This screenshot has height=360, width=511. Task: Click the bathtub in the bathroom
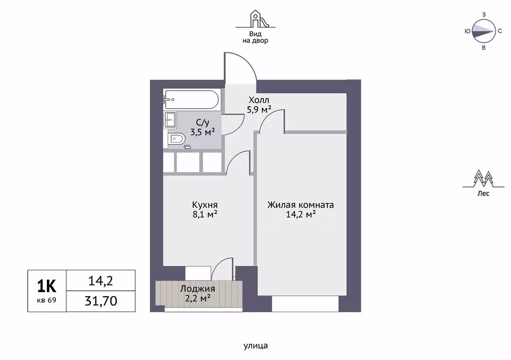pyautogui.click(x=191, y=100)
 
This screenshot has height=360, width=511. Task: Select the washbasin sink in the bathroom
pyautogui.click(x=170, y=120)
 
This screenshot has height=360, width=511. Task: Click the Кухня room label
pyautogui.click(x=205, y=205)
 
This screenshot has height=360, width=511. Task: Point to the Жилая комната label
pyautogui.click(x=300, y=205)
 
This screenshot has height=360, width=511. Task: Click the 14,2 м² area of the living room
pyautogui.click(x=300, y=214)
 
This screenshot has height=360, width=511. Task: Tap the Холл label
pyautogui.click(x=259, y=100)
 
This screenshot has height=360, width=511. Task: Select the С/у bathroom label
pyautogui.click(x=203, y=123)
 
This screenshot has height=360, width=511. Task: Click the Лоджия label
pyautogui.click(x=198, y=289)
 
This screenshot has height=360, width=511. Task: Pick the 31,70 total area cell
pyautogui.click(x=101, y=301)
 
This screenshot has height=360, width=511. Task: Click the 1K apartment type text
pyautogui.click(x=46, y=286)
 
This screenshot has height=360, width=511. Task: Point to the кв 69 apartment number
pyautogui.click(x=46, y=300)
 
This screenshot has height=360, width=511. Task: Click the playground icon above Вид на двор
pyautogui.click(x=255, y=19)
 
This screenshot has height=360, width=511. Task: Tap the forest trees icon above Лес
pyautogui.click(x=483, y=179)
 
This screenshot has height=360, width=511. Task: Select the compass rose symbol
pyautogui.click(x=484, y=31)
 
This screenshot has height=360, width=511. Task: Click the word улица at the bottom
pyautogui.click(x=255, y=346)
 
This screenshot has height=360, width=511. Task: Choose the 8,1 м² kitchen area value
pyautogui.click(x=205, y=214)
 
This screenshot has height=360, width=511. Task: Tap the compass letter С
pyautogui.click(x=500, y=31)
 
